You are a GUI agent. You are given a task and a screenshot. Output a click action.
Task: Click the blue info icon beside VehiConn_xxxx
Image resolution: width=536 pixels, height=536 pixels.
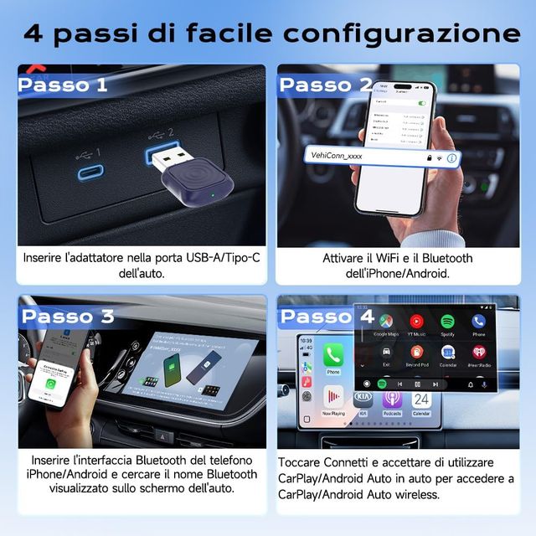(x=451, y=157)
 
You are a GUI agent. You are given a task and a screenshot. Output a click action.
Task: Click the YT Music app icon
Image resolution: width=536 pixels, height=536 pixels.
(x=416, y=321)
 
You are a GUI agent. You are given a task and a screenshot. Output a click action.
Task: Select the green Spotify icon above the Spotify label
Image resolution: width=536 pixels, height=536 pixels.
(x=447, y=321)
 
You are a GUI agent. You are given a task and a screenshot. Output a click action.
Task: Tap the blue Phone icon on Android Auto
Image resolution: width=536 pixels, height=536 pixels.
(x=478, y=321)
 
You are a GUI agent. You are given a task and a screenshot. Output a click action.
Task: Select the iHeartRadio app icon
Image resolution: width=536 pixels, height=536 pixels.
(x=478, y=353)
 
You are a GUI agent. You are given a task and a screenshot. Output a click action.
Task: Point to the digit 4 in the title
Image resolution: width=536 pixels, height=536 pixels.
(x=34, y=33)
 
